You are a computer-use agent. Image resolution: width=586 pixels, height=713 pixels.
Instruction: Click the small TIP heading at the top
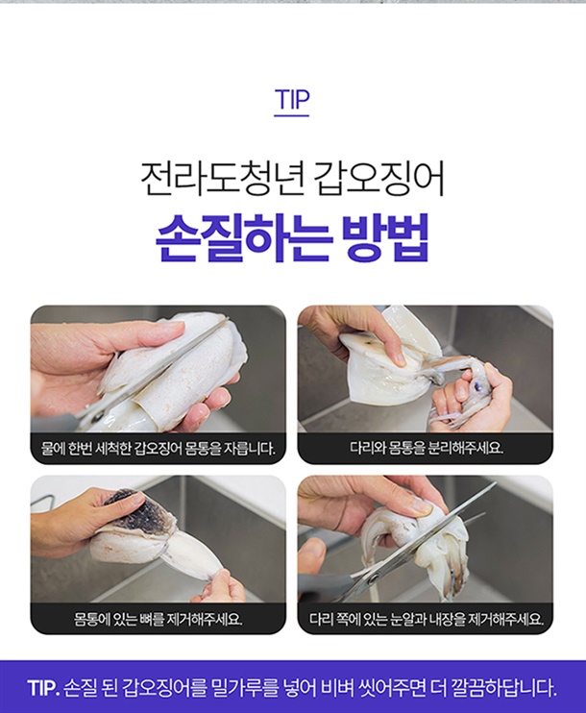[291, 99]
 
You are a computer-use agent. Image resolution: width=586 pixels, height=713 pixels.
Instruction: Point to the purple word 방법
[385, 237]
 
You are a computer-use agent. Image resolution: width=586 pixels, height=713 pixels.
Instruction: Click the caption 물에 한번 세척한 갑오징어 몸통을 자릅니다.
[159, 449]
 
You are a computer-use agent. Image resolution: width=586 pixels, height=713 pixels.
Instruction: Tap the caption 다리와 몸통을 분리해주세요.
[427, 449]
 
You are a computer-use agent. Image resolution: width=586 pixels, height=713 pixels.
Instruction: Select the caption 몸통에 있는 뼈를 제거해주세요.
[159, 619]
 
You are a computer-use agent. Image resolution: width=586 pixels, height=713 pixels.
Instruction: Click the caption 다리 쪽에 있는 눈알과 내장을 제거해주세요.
[427, 619]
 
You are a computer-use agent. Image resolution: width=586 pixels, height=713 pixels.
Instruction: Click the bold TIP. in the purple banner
[43, 688]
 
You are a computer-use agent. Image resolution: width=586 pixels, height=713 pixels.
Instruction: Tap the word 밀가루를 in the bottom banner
[244, 688]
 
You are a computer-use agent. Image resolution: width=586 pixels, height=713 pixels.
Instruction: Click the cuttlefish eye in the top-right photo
[476, 386]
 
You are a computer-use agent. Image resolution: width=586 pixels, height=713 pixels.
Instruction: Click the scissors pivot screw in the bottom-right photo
[374, 578]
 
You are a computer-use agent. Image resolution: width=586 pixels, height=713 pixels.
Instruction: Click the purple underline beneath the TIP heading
[291, 115]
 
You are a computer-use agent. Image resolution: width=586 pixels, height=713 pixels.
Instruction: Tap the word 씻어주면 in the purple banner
[389, 688]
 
